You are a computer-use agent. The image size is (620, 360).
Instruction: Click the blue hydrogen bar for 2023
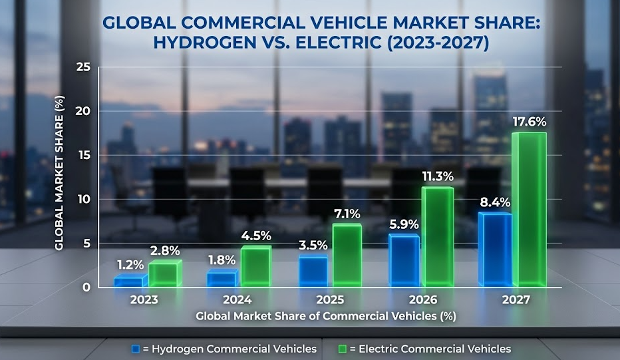(x=128, y=281)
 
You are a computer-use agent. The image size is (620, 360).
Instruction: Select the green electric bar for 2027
(x=529, y=210)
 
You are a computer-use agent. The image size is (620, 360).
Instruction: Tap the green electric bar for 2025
(x=347, y=256)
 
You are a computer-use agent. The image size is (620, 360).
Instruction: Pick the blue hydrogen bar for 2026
(x=404, y=261)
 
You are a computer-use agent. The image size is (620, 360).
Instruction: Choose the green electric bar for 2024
(x=255, y=267)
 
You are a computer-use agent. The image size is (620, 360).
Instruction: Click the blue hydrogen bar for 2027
(x=494, y=250)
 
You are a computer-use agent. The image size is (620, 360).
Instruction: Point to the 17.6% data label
(x=529, y=122)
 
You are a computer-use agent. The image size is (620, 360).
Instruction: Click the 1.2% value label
(x=130, y=264)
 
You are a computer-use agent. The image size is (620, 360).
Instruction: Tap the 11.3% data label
(x=437, y=176)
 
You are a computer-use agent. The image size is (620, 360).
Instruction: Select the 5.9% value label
(x=404, y=224)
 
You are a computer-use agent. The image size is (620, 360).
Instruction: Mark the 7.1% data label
(x=347, y=214)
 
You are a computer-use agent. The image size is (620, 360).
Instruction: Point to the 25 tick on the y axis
(x=83, y=67)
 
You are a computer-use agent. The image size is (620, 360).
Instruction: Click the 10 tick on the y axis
(x=83, y=199)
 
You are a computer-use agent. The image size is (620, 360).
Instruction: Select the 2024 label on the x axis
(x=237, y=300)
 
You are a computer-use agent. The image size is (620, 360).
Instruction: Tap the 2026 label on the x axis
(x=423, y=300)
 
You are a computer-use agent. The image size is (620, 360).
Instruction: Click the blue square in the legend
(x=136, y=349)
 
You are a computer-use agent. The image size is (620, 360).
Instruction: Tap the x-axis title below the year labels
(x=326, y=316)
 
